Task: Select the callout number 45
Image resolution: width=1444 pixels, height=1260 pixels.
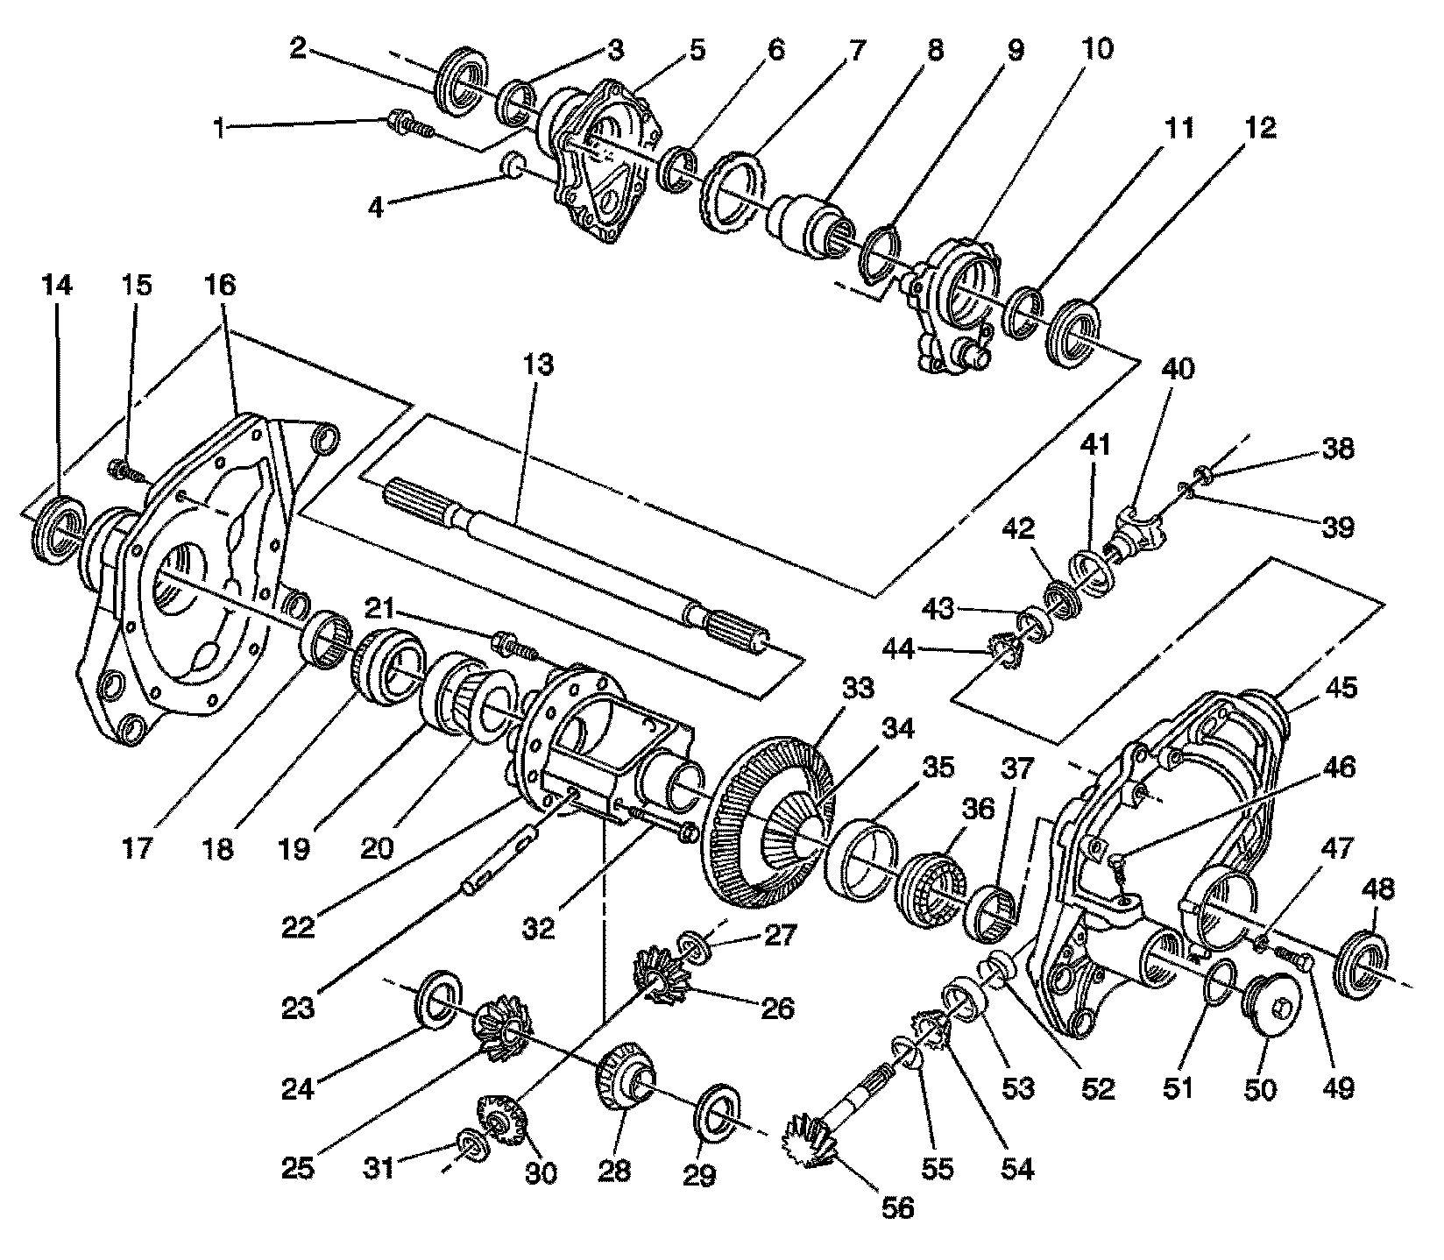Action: (1340, 688)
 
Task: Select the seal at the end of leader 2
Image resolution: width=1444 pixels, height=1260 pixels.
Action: (461, 84)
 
